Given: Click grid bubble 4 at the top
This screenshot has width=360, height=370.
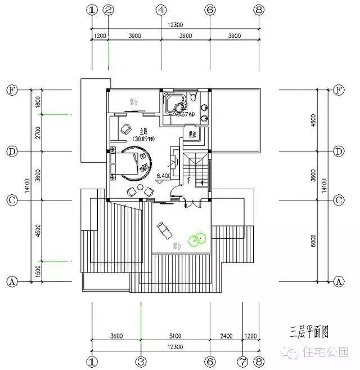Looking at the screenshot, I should click(x=161, y=10).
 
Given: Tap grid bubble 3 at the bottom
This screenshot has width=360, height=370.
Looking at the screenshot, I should click(x=141, y=360).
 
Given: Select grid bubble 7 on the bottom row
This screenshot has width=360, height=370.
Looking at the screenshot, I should click(x=243, y=360).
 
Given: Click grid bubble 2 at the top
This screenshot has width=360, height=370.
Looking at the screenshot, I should click(x=109, y=10).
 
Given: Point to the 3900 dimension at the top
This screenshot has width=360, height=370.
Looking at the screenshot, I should click(x=134, y=35).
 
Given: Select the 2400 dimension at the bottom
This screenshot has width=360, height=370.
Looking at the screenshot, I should click(x=226, y=336).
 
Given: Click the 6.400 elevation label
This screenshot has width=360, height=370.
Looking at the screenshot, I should click(x=163, y=176).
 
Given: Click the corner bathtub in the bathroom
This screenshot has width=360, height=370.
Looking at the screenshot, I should click(x=174, y=105).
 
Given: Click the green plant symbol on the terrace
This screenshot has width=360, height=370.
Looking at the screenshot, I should click(x=197, y=240).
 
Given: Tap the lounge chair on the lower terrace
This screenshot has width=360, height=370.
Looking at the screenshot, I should click(x=165, y=229).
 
